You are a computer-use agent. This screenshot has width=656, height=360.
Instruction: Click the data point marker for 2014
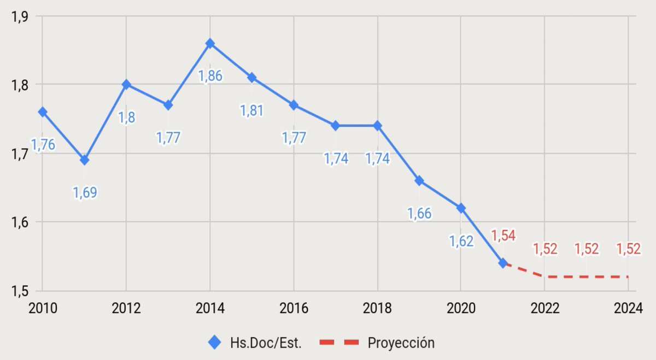click(210, 43)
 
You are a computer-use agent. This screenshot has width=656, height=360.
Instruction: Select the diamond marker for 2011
click(84, 160)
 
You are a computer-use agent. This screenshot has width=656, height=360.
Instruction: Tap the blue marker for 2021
click(502, 263)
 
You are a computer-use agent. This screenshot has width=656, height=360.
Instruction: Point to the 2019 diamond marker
click(419, 181)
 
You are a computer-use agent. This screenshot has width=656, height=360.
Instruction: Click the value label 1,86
click(210, 75)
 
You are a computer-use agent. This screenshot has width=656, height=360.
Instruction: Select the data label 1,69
click(85, 192)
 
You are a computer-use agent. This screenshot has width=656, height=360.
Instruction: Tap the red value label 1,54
click(503, 235)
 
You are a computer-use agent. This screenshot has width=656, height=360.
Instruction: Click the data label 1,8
click(127, 117)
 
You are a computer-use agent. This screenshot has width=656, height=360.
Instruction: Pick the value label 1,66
click(419, 213)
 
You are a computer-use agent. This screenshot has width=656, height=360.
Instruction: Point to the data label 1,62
click(461, 240)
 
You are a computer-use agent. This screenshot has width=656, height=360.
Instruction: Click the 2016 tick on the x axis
click(294, 308)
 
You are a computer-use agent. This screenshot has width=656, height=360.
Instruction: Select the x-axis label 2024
click(628, 308)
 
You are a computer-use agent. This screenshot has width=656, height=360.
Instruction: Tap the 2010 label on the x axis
click(43, 308)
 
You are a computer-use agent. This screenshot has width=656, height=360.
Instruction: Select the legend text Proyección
click(401, 343)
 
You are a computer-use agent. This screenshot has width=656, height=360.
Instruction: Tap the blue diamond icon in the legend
click(215, 343)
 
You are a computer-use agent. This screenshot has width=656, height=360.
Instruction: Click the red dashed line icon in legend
click(338, 343)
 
